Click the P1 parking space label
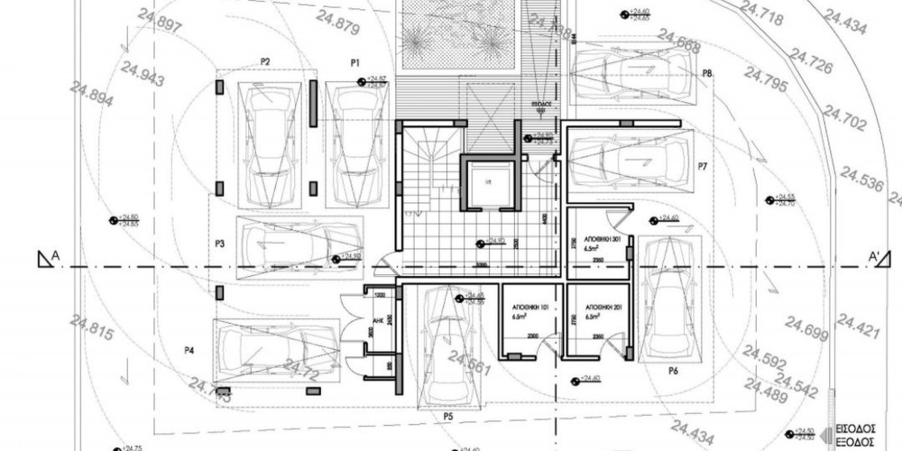355,62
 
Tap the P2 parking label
266,61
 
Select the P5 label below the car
447,417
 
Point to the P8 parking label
708,74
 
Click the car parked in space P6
668,299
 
